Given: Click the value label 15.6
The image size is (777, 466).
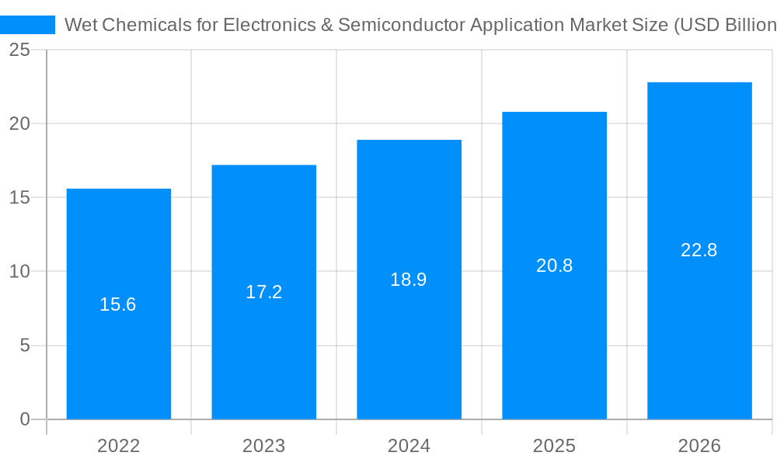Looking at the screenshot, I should pyautogui.click(x=118, y=304).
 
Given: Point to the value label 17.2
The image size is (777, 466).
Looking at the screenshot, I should pyautogui.click(x=264, y=292).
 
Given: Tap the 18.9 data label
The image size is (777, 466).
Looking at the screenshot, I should pyautogui.click(x=409, y=280).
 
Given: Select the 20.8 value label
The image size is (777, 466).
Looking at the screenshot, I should pyautogui.click(x=554, y=266).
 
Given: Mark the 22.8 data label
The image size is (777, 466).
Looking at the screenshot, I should pyautogui.click(x=699, y=250).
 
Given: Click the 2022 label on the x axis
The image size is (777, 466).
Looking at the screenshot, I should pyautogui.click(x=119, y=446).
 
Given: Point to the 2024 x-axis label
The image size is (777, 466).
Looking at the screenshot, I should pyautogui.click(x=409, y=446).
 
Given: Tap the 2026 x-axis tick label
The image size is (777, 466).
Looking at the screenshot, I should pyautogui.click(x=699, y=446).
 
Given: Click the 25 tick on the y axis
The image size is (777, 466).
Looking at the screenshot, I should pyautogui.click(x=20, y=50).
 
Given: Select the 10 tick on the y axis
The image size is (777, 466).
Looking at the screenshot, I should pyautogui.click(x=20, y=272).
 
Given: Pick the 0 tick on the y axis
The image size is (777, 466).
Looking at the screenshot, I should pyautogui.click(x=25, y=419).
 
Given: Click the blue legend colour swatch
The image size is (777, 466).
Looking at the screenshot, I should pyautogui.click(x=28, y=25).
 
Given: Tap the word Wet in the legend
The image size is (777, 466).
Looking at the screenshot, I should pyautogui.click(x=81, y=25).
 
